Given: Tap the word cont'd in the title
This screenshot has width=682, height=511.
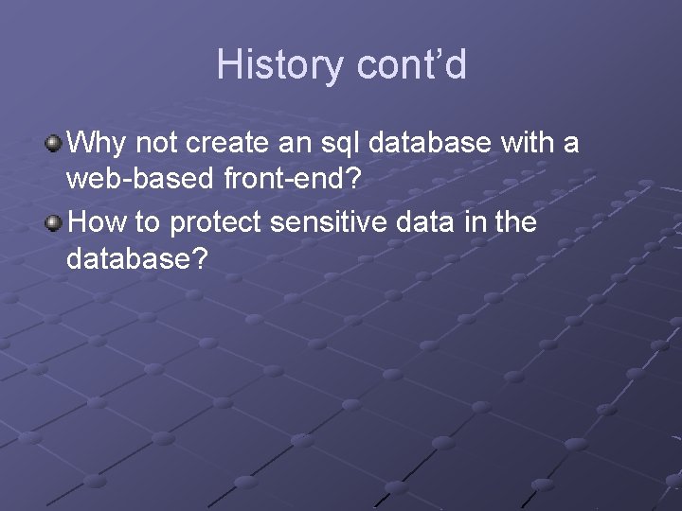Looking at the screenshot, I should [412, 65].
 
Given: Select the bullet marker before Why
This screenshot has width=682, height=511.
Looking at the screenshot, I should [55, 144].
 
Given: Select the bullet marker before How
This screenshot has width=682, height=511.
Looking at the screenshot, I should [55, 223].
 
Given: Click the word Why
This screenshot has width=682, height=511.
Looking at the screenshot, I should [99, 145].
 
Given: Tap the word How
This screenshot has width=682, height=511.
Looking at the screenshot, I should [98, 223].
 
